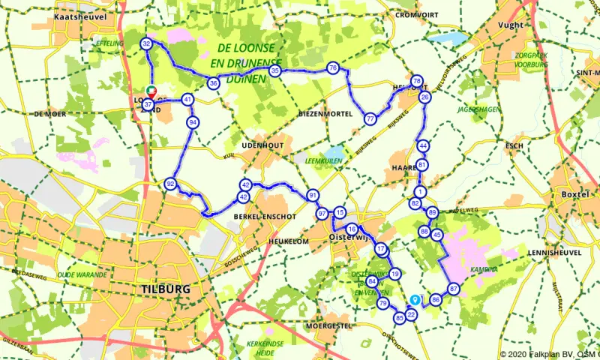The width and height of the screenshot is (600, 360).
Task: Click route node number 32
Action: click(147, 45)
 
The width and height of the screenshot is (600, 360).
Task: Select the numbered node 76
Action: click(333, 68)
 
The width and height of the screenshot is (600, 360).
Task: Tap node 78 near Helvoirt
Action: click(418, 81)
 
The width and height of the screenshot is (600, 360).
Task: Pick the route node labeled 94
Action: click(193, 121)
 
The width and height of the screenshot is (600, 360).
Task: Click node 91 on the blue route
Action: click(312, 196)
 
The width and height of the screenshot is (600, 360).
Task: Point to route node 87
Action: click(453, 289)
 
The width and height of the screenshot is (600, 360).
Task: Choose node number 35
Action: click(275, 71)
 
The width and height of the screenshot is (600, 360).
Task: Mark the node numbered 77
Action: click(370, 118)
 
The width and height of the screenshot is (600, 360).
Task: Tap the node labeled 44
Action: click(424, 145)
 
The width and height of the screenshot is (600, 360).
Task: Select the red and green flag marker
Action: click(153, 91)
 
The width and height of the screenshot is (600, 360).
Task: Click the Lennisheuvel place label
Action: click(556, 253)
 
